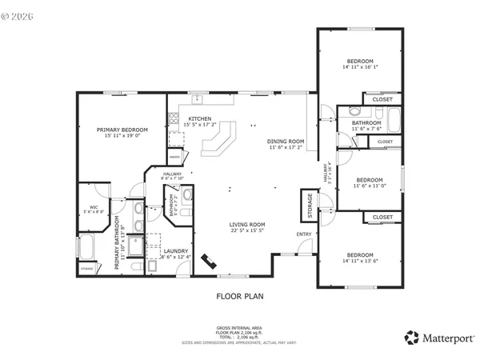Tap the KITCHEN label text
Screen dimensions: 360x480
click(x=199, y=118)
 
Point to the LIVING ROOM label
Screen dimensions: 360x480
click(x=247, y=225)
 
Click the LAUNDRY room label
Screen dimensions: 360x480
click(x=176, y=251)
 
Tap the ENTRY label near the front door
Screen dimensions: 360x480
click(x=304, y=234)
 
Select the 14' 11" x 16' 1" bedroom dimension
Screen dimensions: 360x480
click(x=359, y=68)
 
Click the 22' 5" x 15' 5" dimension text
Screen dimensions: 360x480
click(x=247, y=231)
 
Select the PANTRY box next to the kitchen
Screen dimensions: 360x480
click(x=174, y=158)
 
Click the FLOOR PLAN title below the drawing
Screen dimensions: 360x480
click(x=240, y=296)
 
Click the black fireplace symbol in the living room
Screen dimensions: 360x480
click(x=211, y=262)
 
